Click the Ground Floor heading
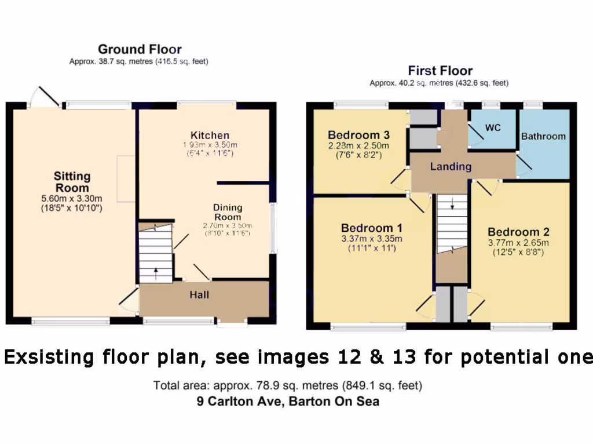tap(139, 49)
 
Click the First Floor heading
tap(440, 71)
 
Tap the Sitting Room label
tap(72, 181)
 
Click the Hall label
tap(199, 295)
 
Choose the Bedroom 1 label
tap(371, 228)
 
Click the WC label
tap(493, 127)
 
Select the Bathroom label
tap(543, 136)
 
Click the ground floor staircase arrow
tap(155, 271)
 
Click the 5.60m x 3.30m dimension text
tap(72, 198)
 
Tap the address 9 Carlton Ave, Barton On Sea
tap(288, 401)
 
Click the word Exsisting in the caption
tap(49, 357)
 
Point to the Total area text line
tap(288, 385)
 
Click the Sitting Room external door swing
tap(45, 97)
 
